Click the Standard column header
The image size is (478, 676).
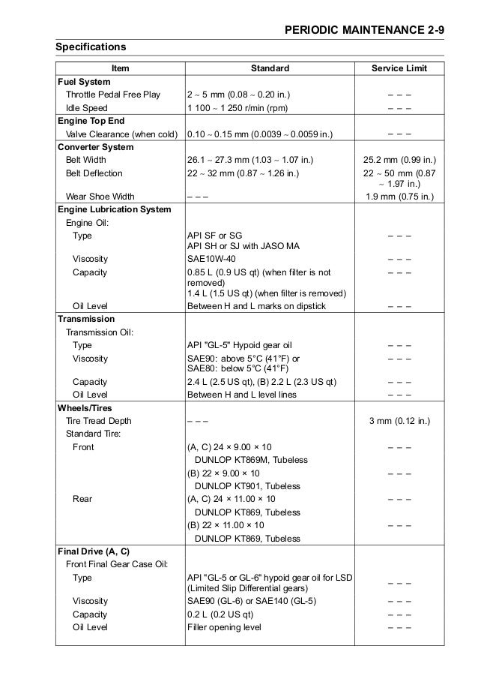[270, 68]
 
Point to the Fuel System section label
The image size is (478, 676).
[84, 81]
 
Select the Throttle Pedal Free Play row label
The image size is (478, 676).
[112, 95]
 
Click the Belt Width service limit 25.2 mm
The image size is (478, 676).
[399, 160]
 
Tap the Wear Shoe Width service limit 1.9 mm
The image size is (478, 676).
[399, 197]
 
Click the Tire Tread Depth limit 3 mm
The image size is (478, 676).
[399, 421]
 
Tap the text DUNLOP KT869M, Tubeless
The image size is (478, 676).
[252, 460]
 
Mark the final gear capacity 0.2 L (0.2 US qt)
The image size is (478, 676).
[223, 614]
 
